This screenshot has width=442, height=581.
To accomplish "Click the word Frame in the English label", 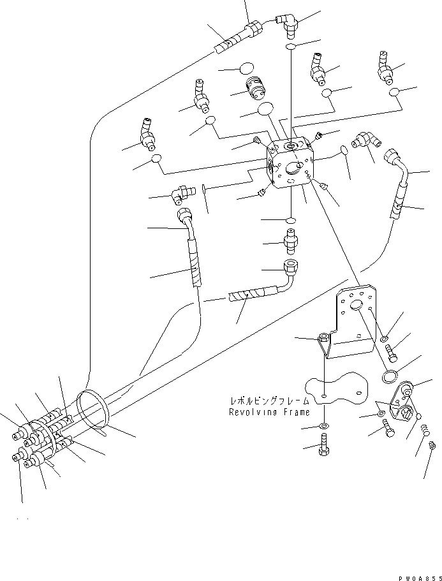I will click(295, 412).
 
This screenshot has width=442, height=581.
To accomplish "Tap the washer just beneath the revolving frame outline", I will click(325, 426).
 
